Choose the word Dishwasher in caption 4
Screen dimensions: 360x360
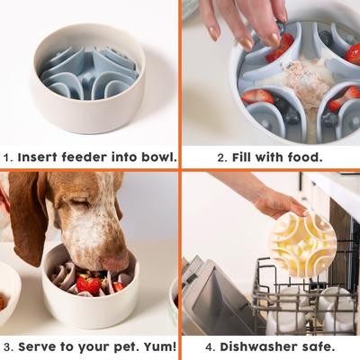point(260,346)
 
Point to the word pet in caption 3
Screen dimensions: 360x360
point(115,346)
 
